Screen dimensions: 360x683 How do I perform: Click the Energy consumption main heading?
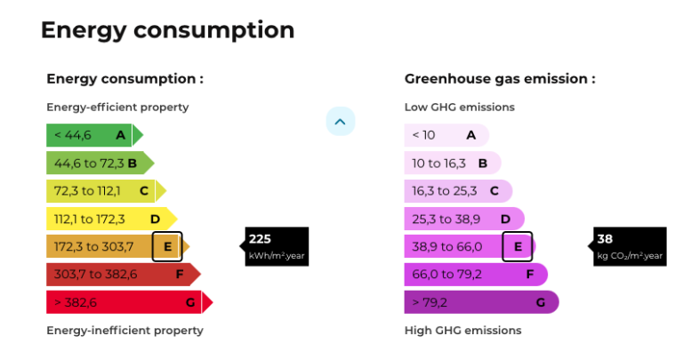(167, 29)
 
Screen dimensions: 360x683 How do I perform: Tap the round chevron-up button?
(341, 121)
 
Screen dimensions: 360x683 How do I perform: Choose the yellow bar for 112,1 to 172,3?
(109, 219)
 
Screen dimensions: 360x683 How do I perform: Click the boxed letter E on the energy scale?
(167, 246)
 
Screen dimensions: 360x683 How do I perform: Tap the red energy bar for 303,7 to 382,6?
(121, 275)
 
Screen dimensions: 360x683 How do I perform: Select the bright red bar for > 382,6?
(127, 302)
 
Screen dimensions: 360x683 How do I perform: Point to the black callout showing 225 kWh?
(276, 246)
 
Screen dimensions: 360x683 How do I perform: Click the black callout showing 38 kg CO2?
(629, 246)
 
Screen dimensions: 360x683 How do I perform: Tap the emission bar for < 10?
(446, 135)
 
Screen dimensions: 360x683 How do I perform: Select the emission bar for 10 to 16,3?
(452, 164)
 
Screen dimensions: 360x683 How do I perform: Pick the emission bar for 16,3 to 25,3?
(458, 191)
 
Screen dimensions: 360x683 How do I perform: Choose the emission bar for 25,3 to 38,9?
(463, 219)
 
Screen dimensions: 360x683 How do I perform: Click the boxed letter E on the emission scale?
(518, 246)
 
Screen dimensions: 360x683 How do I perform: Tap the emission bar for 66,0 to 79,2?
(475, 275)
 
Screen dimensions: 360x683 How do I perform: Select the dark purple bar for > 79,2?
(480, 302)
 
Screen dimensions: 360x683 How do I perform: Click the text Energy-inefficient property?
(125, 331)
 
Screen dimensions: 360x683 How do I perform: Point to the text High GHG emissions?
(462, 331)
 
